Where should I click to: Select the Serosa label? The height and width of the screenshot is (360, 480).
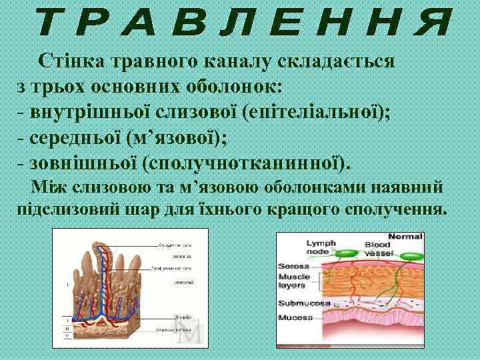pos(291,266)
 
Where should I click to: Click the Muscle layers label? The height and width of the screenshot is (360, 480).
pos(294,281)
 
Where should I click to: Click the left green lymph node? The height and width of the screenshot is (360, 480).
pos(346,255)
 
